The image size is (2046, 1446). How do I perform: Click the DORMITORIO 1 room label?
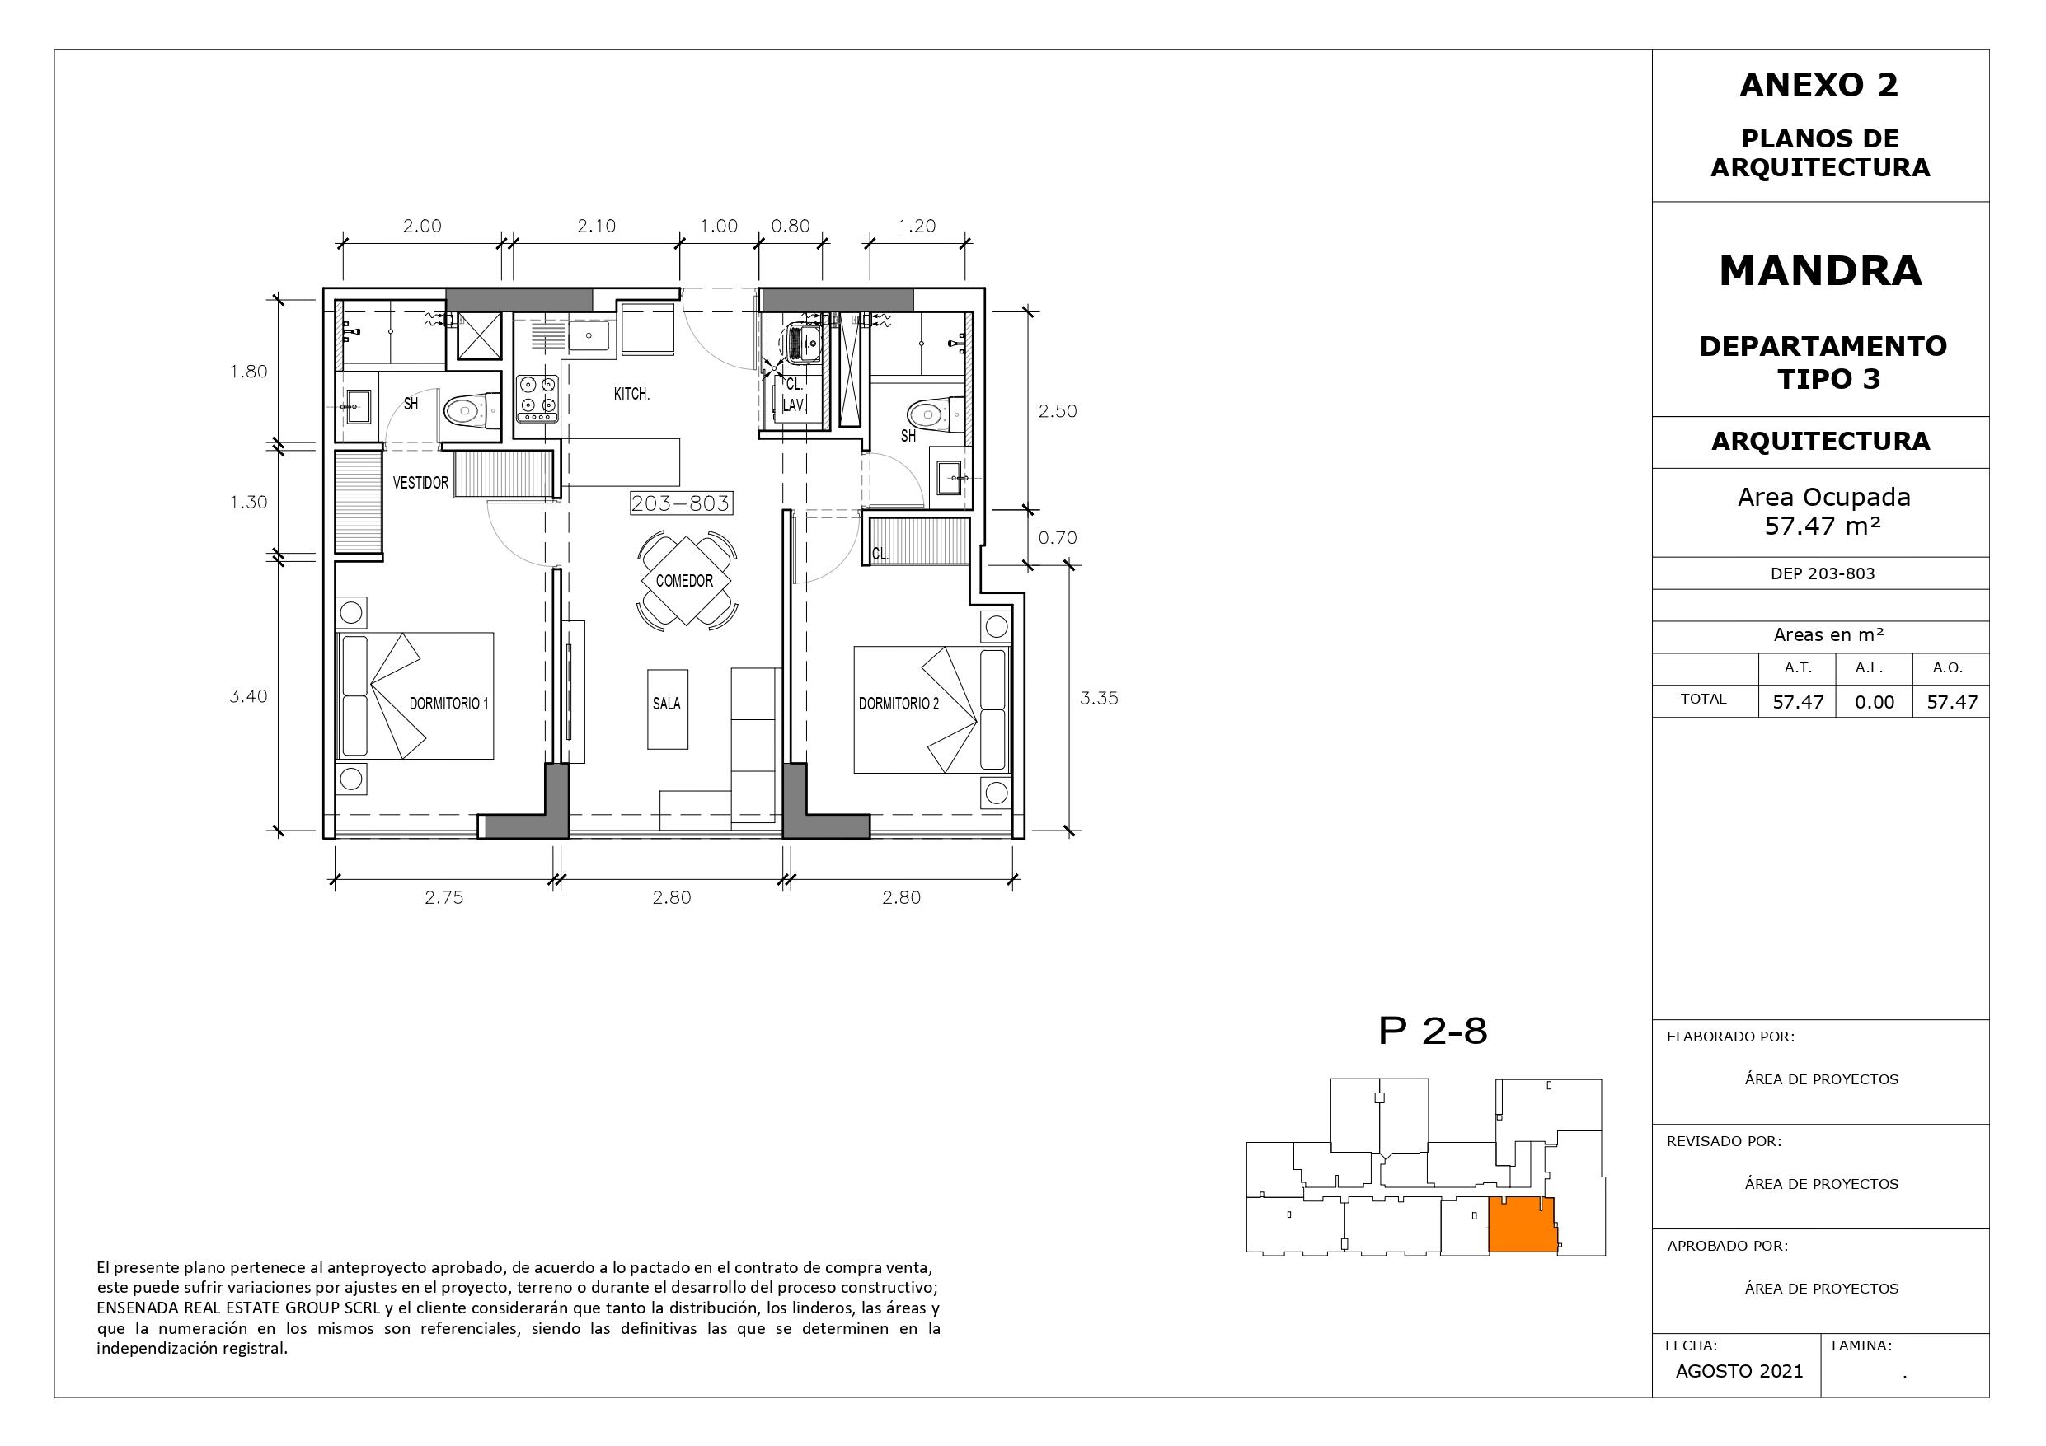click(449, 703)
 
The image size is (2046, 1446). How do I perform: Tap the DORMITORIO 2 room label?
click(899, 703)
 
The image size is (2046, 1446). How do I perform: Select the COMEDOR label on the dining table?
click(684, 581)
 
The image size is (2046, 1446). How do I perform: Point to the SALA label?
click(667, 703)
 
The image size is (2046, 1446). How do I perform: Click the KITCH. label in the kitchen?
click(631, 394)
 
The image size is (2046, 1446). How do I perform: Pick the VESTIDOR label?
click(420, 483)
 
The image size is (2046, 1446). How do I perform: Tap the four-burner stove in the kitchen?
click(537, 398)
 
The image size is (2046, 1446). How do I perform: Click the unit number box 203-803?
click(681, 503)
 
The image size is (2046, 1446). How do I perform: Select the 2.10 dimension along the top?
click(596, 227)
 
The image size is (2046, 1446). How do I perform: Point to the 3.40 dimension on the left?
click(248, 696)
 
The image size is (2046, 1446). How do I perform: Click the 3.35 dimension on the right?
click(1099, 699)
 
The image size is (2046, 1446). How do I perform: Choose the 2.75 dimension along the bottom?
click(443, 897)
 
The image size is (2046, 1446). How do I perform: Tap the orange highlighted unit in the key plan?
click(1523, 1225)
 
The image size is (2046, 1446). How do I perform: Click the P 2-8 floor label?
click(1433, 1031)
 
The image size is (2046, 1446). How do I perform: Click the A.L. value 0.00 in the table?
click(1874, 702)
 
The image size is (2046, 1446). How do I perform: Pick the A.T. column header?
click(1797, 667)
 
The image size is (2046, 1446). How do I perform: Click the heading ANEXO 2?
click(1818, 86)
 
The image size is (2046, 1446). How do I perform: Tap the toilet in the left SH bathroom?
click(472, 412)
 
